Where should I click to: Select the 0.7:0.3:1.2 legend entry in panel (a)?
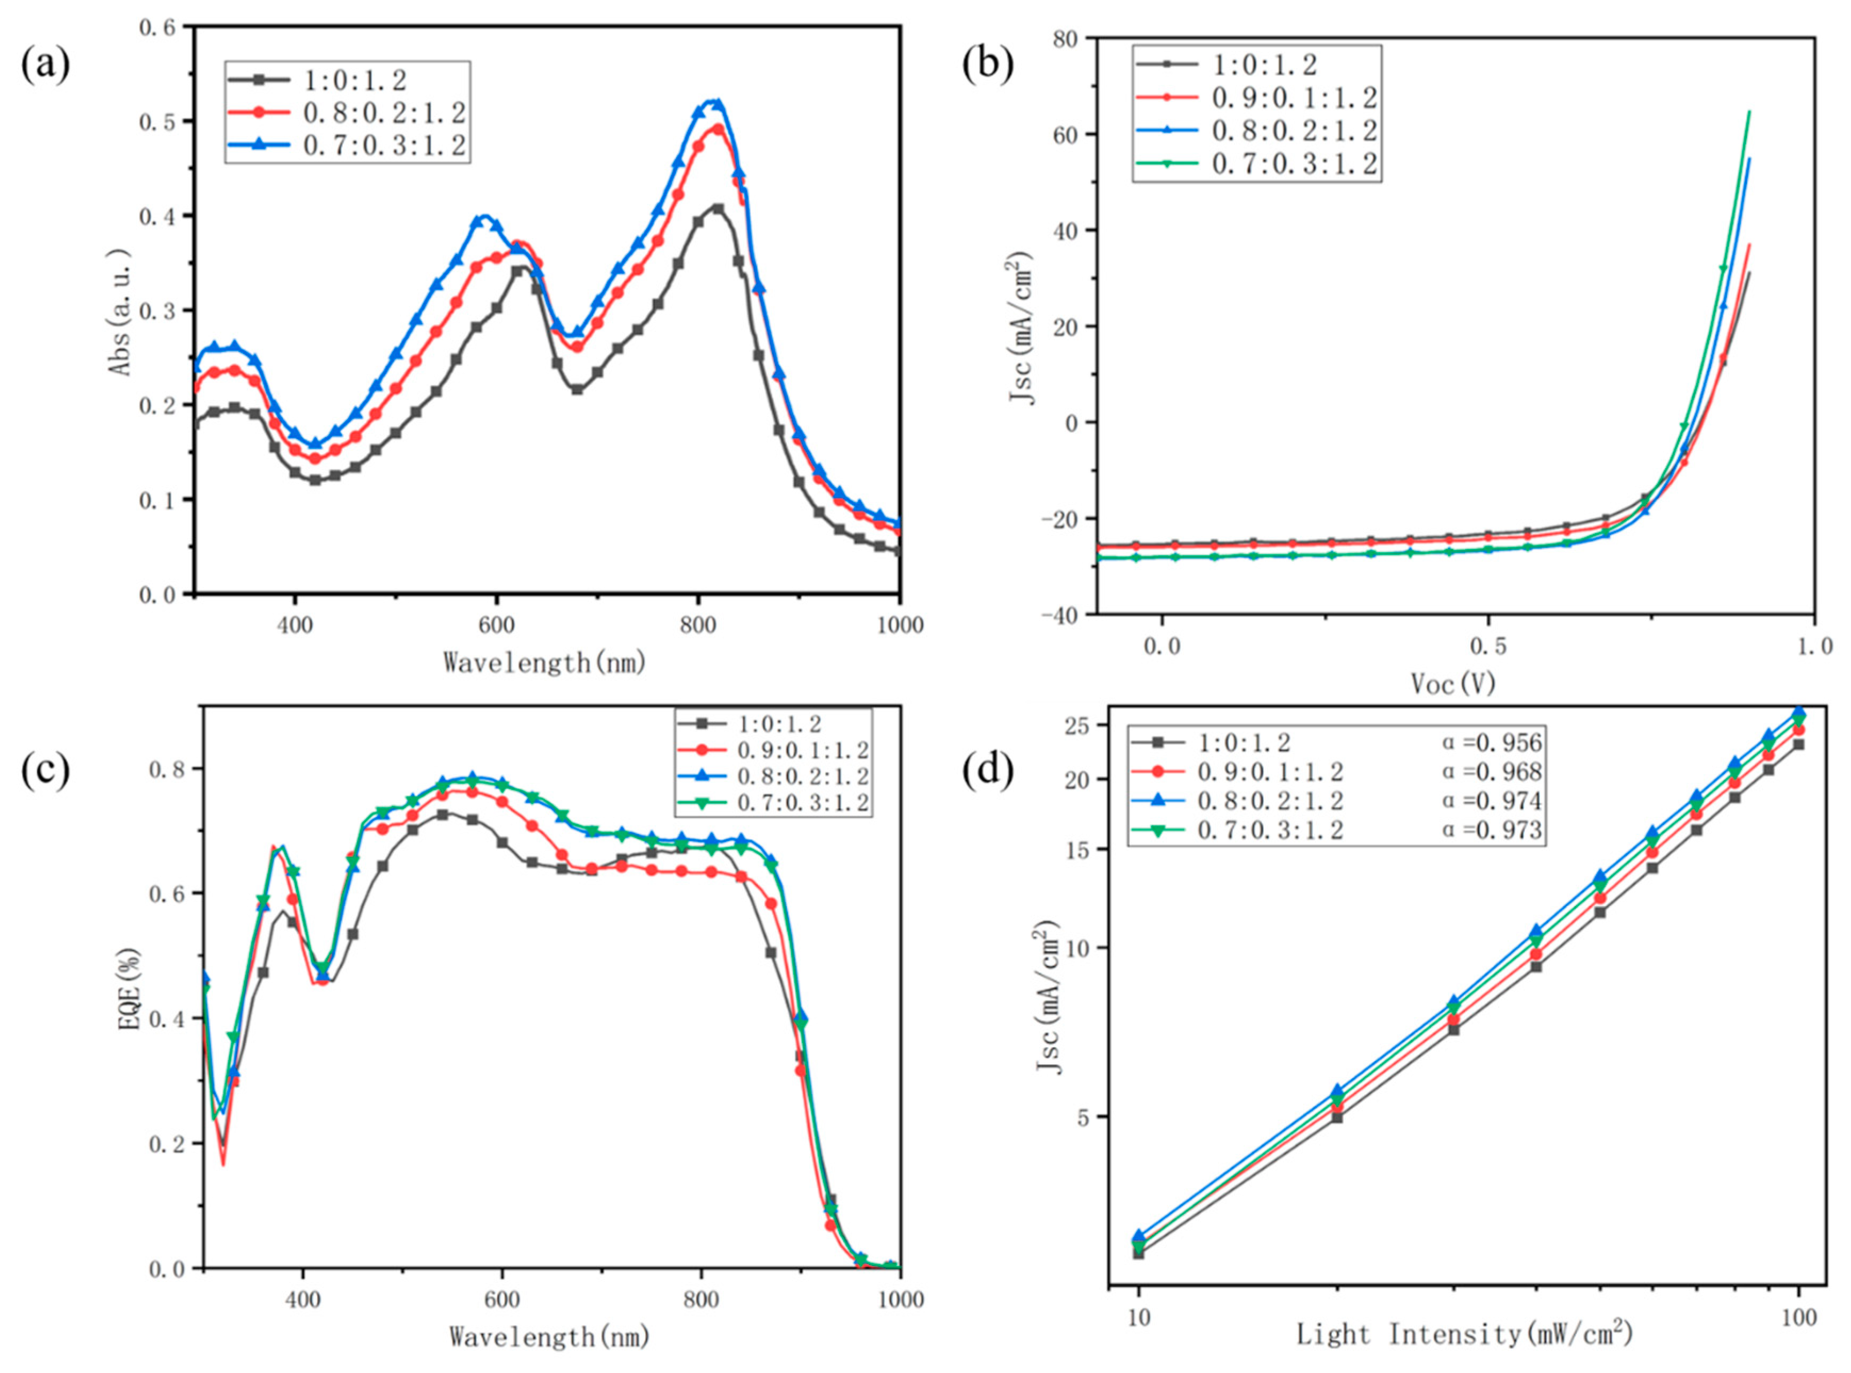[385, 146]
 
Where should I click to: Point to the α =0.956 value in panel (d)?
[1492, 742]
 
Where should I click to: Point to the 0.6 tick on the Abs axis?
[158, 28]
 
